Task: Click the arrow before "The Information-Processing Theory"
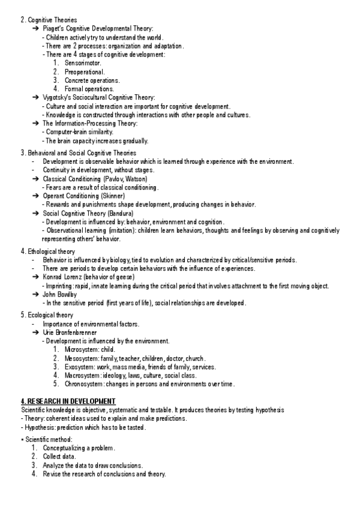(x=36, y=123)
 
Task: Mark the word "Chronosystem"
(x=84, y=384)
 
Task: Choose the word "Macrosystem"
(x=82, y=375)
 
